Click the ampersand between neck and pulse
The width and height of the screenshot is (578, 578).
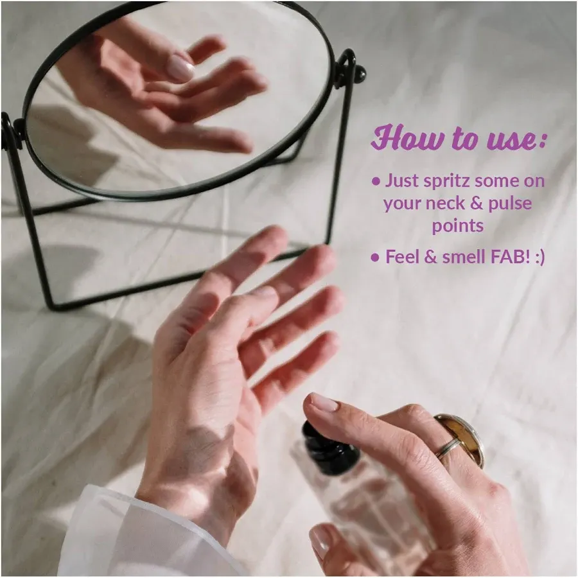pos(477,204)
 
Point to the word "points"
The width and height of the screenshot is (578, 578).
pos(458,226)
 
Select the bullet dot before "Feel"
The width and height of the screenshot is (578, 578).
pos(376,258)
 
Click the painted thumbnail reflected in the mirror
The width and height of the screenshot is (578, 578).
pos(181,67)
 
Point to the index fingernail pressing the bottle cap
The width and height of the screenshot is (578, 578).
pos(324,403)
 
